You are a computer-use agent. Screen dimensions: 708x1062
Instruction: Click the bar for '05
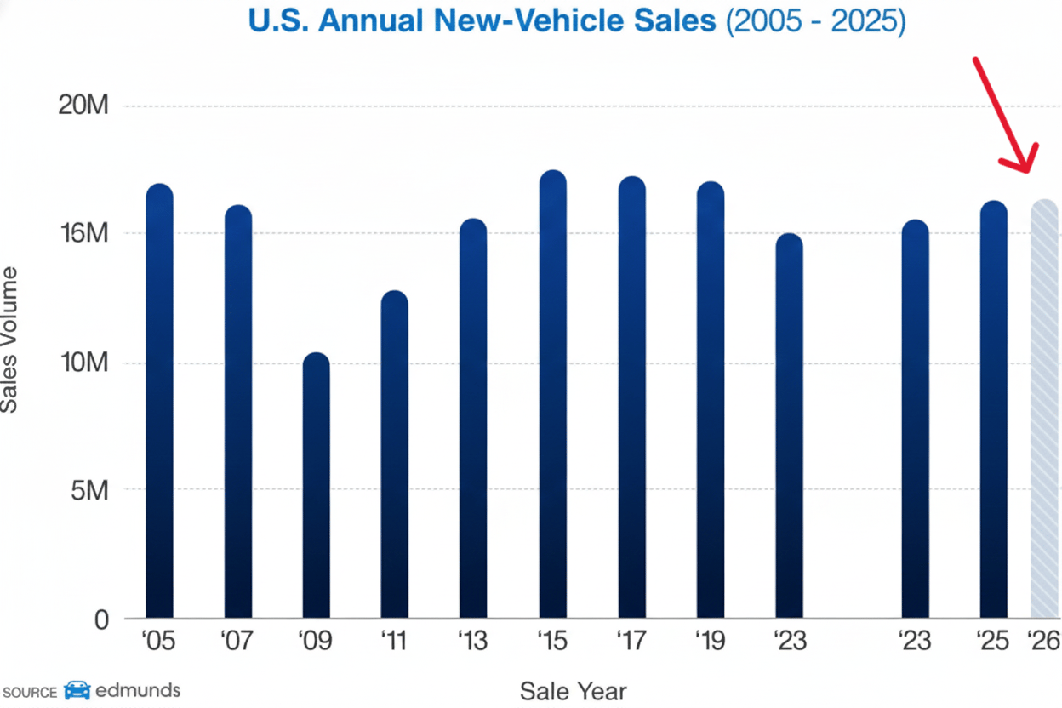[159, 400]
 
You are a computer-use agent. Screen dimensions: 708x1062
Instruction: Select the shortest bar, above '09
[316, 485]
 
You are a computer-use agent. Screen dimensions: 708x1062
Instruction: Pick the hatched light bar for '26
[1044, 408]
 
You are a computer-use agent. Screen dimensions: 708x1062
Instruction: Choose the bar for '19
[711, 399]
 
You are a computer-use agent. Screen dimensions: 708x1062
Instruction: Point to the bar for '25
[993, 408]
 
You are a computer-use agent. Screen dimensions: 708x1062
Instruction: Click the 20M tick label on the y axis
[83, 106]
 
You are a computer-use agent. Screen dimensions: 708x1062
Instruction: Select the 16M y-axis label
[83, 233]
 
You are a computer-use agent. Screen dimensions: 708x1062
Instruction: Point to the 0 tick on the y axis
[101, 619]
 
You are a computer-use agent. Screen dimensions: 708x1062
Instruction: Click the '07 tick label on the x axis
[237, 640]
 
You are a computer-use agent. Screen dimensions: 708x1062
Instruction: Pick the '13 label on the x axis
[472, 640]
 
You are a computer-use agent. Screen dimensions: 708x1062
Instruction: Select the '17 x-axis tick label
[632, 640]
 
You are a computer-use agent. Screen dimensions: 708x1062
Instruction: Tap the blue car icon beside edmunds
[77, 690]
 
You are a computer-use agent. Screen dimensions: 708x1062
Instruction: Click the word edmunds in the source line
[137, 689]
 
